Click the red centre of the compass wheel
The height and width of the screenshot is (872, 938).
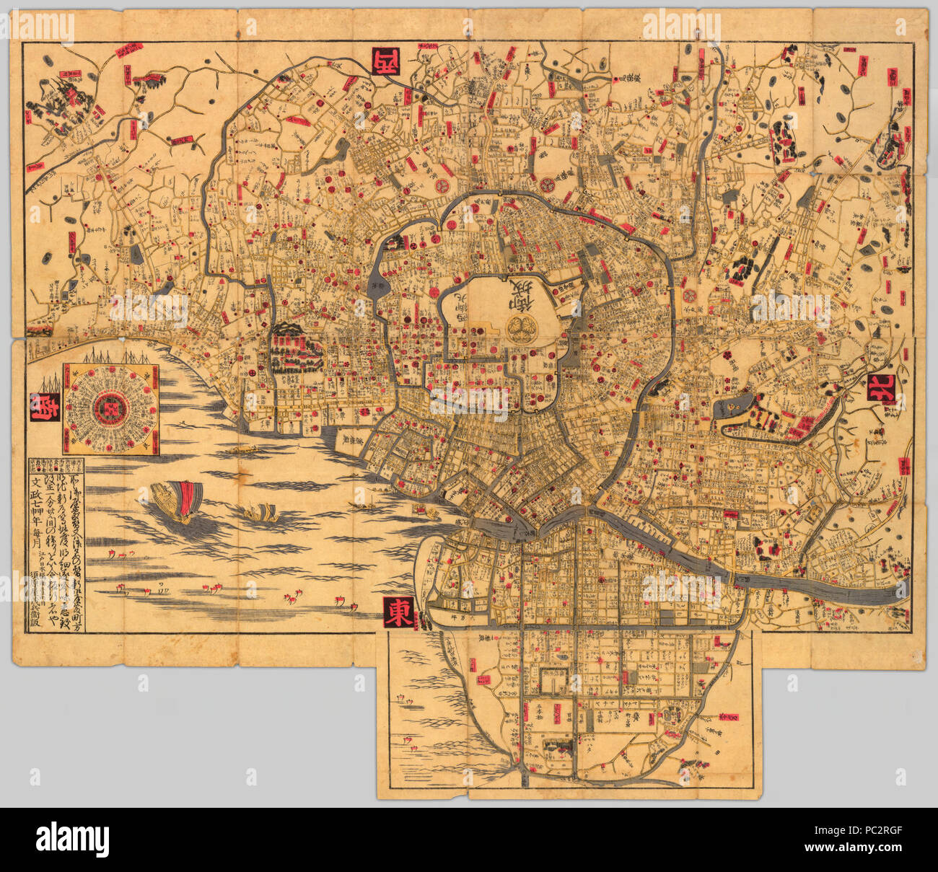[x=108, y=408]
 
